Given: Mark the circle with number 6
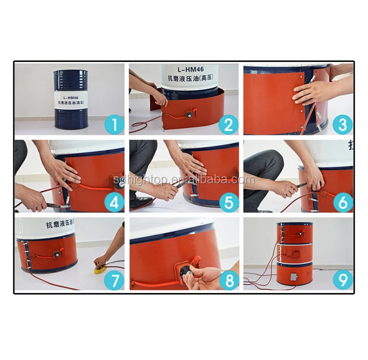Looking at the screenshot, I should point(342,202).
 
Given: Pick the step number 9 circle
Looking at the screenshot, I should point(342,281).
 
